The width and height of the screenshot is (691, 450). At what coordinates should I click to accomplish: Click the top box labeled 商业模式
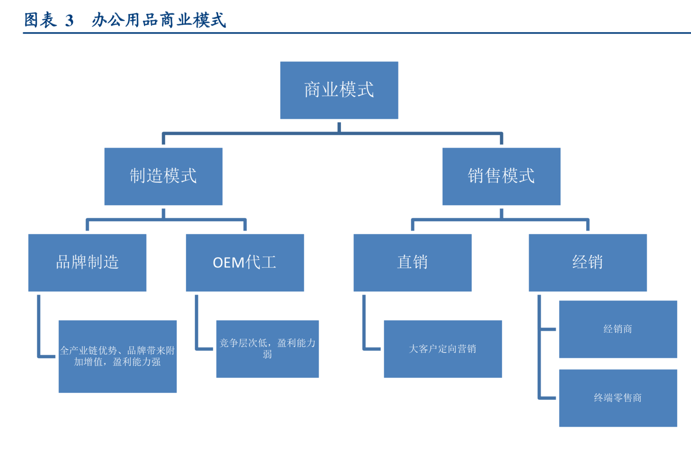[339, 90]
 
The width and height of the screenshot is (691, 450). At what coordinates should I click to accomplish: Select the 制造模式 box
[163, 176]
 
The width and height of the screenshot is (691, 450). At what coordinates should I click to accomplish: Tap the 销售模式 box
[501, 176]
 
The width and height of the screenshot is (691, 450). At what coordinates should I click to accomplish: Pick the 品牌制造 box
[87, 263]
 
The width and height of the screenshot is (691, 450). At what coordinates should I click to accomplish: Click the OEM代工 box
[245, 263]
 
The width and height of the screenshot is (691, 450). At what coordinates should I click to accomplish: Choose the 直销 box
[412, 263]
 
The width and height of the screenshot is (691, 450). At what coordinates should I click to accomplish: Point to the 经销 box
[587, 263]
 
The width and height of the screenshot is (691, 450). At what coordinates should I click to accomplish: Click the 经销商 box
[618, 329]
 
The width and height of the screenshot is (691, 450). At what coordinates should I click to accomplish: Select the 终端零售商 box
[618, 398]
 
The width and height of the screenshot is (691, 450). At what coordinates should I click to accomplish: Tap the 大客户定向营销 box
[443, 349]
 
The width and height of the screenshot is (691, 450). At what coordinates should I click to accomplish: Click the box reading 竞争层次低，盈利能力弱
[267, 349]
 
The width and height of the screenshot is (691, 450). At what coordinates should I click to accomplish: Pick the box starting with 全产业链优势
[117, 356]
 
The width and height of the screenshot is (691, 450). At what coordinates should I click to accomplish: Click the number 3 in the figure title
[69, 21]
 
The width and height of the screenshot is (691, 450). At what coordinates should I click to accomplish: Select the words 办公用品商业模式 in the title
[159, 20]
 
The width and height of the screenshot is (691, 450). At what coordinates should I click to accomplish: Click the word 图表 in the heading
[40, 20]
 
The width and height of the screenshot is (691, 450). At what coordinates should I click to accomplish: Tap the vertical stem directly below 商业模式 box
[339, 127]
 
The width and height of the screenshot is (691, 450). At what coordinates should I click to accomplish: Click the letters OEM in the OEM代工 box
[229, 263]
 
